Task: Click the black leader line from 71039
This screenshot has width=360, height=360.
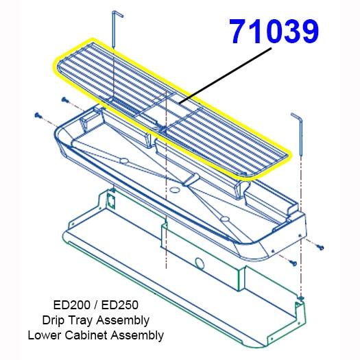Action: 225,75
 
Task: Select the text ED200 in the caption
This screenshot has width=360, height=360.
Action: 71,305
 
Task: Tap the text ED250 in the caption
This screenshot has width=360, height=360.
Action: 120,305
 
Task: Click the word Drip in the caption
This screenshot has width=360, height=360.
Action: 53,320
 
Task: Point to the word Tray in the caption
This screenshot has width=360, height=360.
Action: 80,321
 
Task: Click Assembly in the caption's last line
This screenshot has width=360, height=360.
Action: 137,336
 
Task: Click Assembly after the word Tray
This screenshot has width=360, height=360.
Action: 123,321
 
